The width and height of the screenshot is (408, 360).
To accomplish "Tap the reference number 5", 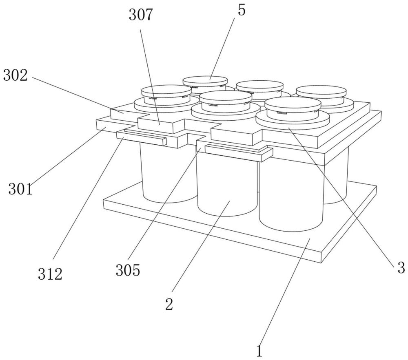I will [x=242, y=10].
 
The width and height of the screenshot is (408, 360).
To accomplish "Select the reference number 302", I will [x=15, y=75].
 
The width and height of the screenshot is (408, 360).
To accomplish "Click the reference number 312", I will [x=50, y=274].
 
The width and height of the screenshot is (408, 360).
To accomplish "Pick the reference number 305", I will [x=128, y=269].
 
